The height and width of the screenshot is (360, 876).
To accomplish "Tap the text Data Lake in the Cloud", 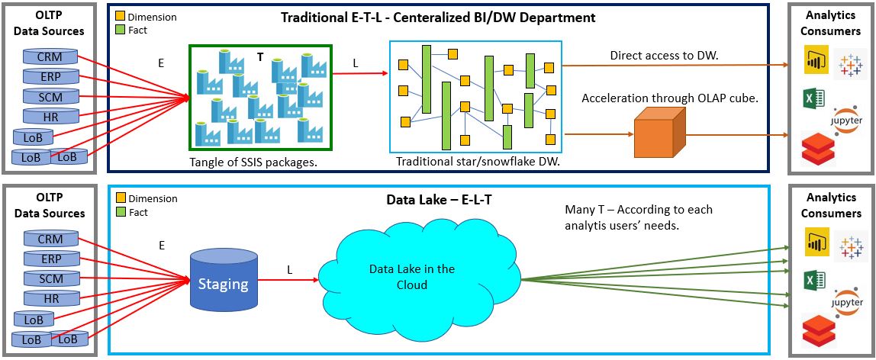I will [411, 276].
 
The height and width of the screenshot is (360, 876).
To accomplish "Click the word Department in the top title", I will [559, 17].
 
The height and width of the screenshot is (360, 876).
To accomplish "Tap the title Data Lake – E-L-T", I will [430, 201].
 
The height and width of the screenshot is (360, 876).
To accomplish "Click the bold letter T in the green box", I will [259, 56].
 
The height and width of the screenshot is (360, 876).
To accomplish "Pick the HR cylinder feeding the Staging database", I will [51, 298].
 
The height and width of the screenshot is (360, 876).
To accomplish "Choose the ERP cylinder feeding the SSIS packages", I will [51, 76].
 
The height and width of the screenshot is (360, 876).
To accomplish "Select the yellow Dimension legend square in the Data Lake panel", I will [121, 198].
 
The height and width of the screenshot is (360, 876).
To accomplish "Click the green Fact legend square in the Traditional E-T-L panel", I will [121, 30].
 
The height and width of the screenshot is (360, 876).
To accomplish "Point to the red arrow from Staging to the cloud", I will [294, 280].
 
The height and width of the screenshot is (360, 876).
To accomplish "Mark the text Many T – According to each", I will [639, 209].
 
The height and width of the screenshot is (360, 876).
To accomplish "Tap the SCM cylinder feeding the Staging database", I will [51, 278].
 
